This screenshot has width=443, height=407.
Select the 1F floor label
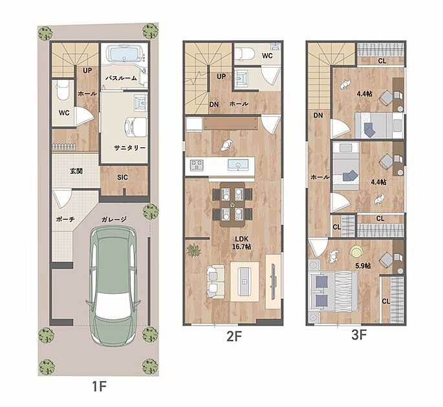coord(99,386)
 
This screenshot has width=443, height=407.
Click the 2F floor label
coord(234,337)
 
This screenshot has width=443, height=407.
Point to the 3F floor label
coord(359,335)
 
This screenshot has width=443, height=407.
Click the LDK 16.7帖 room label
coord(242,243)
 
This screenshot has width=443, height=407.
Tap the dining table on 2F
coord(232,204)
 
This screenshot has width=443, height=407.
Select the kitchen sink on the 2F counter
coord(238,165)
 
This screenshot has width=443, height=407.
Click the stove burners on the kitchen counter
coord(197,165)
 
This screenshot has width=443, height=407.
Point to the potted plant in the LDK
coord(194,251)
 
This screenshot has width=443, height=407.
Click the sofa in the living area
coord(215,282)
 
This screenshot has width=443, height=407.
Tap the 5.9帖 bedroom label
coord(363,266)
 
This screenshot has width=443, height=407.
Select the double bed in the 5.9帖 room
coord(333,291)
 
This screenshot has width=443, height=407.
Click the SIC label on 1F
coord(123,177)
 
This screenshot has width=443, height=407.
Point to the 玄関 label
coord(76,171)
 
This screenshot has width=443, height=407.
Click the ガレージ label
coord(114,219)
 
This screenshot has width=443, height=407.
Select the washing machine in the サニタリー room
coord(136,127)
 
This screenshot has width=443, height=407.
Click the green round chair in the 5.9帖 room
coord(356,251)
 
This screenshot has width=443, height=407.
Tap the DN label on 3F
coord(318,116)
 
